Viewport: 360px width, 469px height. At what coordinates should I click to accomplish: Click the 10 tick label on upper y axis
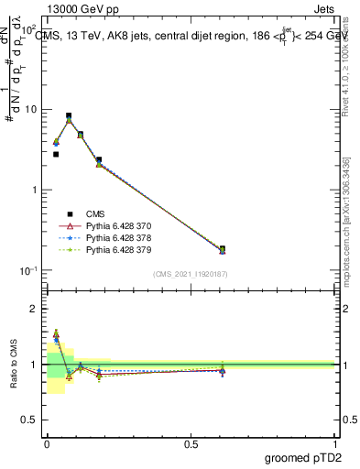[31, 110]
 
